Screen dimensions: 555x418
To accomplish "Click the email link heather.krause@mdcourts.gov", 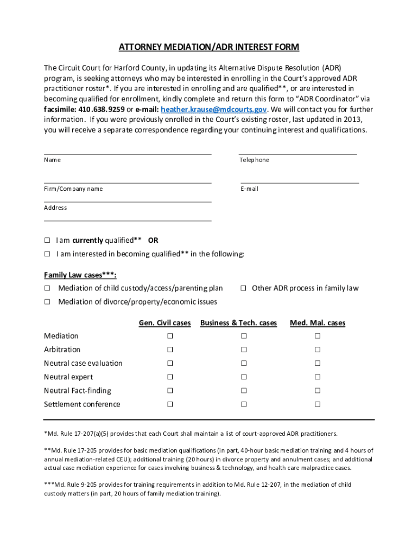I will pyautogui.click(x=213, y=109).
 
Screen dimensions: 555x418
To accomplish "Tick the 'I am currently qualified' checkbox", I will pyautogui.click(x=47, y=241).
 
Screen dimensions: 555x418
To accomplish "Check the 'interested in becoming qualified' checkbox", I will pyautogui.click(x=47, y=254).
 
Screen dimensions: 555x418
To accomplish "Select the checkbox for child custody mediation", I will pyautogui.click(x=47, y=288).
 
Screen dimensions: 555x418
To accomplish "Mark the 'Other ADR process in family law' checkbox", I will pyautogui.click(x=244, y=288).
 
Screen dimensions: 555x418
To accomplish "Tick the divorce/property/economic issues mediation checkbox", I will pyautogui.click(x=47, y=302).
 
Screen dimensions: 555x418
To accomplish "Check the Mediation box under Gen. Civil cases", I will pyautogui.click(x=170, y=336).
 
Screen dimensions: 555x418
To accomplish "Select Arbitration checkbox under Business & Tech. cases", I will pyautogui.click(x=244, y=350).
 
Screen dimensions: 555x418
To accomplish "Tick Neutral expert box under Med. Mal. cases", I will pyautogui.click(x=318, y=377).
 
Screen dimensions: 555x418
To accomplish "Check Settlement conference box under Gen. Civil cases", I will pyautogui.click(x=170, y=404).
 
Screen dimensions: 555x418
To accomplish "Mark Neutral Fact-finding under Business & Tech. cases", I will pyautogui.click(x=244, y=391).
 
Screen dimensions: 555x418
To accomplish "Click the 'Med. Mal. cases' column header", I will pyautogui.click(x=318, y=323).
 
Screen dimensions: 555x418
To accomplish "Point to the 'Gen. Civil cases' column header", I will pyautogui.click(x=164, y=323).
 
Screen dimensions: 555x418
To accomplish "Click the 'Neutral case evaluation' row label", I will pyautogui.click(x=83, y=363).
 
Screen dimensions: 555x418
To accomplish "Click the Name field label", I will pyautogui.click(x=52, y=160).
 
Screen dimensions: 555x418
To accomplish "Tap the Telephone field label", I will pyautogui.click(x=254, y=160).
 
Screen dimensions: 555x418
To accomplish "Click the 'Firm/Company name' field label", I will pyautogui.click(x=73, y=189).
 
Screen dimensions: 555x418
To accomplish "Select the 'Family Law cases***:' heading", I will pyautogui.click(x=80, y=275).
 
